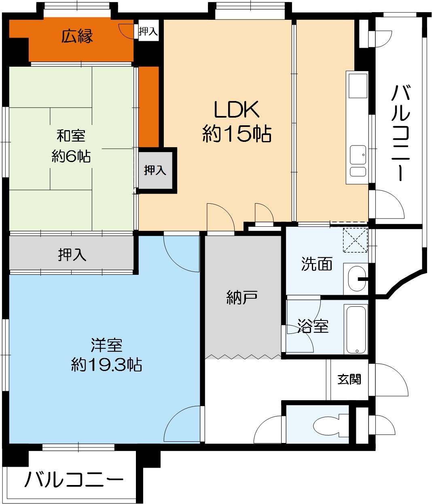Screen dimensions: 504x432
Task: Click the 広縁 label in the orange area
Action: tap(77, 37)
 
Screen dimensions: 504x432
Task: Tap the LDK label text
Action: tap(236, 110)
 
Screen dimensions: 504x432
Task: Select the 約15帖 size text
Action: tap(236, 134)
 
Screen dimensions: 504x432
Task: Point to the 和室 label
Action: tap(71, 135)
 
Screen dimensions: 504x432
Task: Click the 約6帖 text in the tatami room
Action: tap(71, 156)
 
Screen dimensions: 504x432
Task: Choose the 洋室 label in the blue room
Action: tap(106, 346)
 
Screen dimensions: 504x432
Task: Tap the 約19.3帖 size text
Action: tap(106, 365)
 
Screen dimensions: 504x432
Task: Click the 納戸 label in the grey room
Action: tap(241, 298)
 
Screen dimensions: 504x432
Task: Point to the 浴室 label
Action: tap(313, 326)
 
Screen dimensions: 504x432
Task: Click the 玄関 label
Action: tap(349, 380)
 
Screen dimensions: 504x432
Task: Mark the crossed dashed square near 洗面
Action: tap(355, 241)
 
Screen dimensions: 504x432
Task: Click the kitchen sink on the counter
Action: tap(358, 154)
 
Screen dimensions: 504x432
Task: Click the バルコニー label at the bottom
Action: tap(74, 480)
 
